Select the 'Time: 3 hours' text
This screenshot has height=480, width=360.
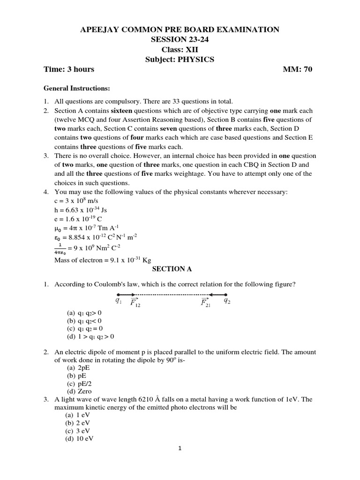click(x=69, y=69)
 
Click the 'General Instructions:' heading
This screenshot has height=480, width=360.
click(x=77, y=88)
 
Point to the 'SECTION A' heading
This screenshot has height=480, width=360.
click(x=172, y=269)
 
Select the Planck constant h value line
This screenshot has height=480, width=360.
click(x=77, y=210)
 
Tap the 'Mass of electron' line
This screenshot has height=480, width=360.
click(x=103, y=260)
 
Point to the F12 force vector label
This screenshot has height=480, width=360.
click(x=135, y=302)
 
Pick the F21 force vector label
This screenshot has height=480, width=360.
click(x=206, y=302)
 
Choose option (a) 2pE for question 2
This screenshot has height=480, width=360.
click(x=78, y=368)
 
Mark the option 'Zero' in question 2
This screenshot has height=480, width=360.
click(x=79, y=391)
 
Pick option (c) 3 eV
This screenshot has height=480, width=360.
click(x=78, y=431)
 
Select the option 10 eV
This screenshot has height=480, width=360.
click(x=80, y=438)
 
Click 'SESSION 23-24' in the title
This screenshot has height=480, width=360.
click(x=180, y=39)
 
